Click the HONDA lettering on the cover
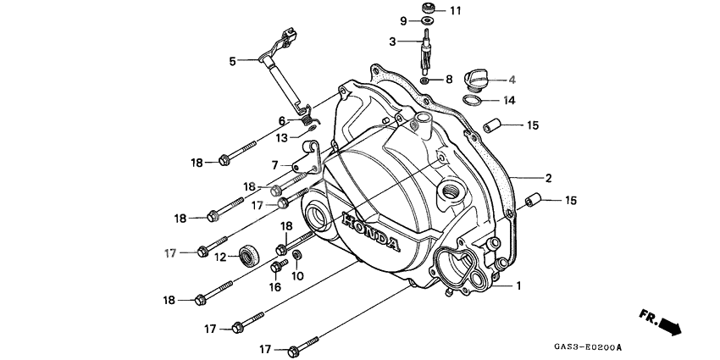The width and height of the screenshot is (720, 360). click(x=369, y=232)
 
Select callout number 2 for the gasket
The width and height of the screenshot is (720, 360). click(x=548, y=178)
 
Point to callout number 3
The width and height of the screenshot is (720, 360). click(x=392, y=42)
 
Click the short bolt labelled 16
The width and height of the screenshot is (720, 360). click(x=276, y=267)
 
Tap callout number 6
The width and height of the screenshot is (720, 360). click(x=282, y=121)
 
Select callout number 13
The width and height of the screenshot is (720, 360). click(x=281, y=137)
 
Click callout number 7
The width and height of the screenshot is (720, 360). click(x=275, y=165)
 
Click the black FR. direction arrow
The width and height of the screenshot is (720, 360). click(x=668, y=324)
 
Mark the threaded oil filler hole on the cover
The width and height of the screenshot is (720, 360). click(x=449, y=191)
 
